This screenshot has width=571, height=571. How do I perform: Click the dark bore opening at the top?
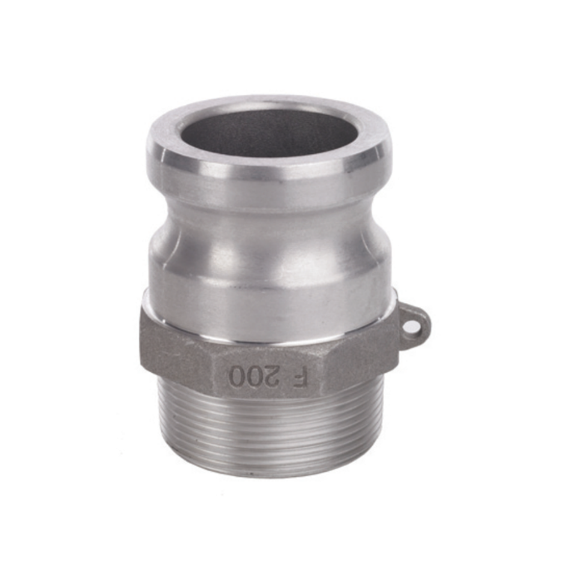point(270,136)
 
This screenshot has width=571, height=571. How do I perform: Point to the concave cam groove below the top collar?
point(270,215)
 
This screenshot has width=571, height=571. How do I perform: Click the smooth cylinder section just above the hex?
point(270,288)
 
